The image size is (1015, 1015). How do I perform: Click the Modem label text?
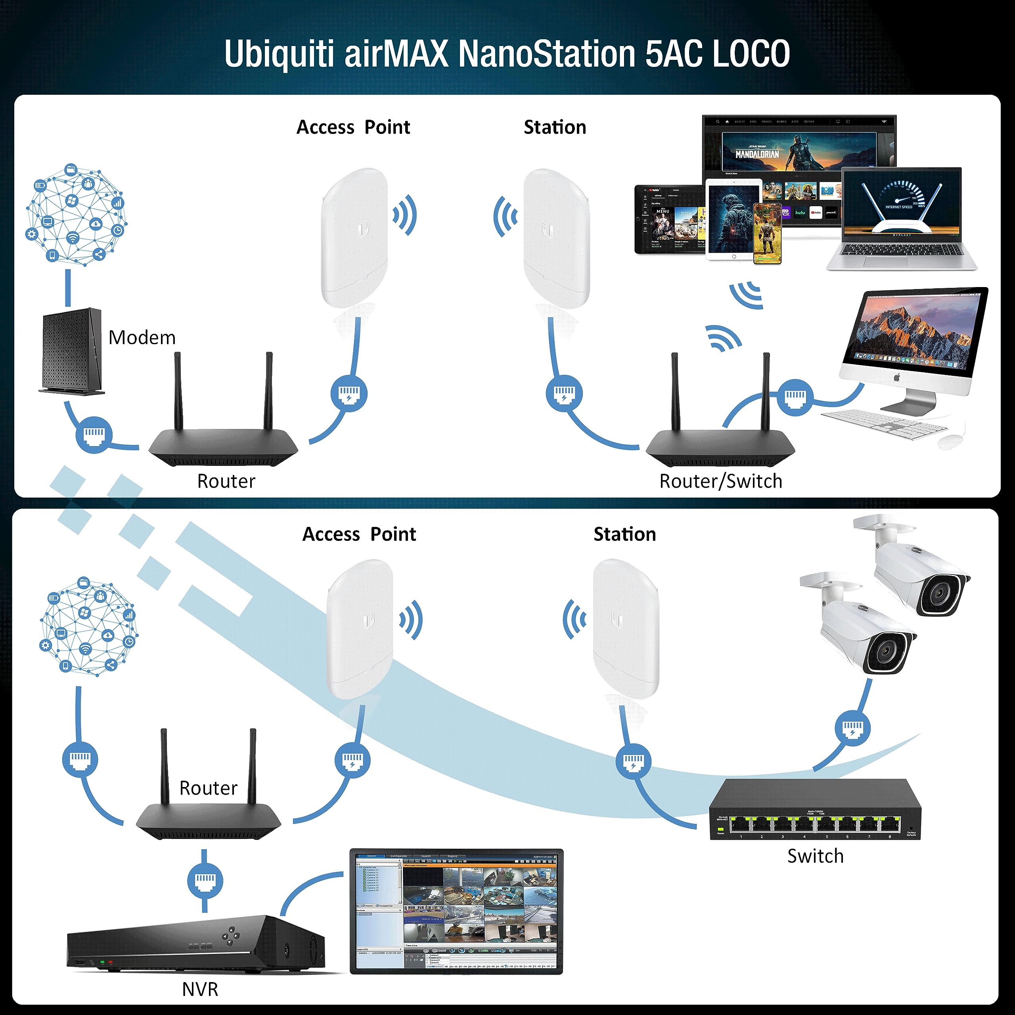click(142, 337)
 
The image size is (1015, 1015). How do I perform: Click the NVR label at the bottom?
click(200, 989)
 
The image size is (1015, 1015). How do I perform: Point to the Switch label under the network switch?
click(815, 856)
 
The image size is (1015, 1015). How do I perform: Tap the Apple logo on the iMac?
click(897, 377)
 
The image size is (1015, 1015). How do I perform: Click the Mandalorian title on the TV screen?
click(756, 154)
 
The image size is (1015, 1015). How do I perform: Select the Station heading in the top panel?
click(555, 128)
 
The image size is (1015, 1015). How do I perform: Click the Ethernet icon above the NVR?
click(205, 881)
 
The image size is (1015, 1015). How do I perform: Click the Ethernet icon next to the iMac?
click(795, 396)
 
